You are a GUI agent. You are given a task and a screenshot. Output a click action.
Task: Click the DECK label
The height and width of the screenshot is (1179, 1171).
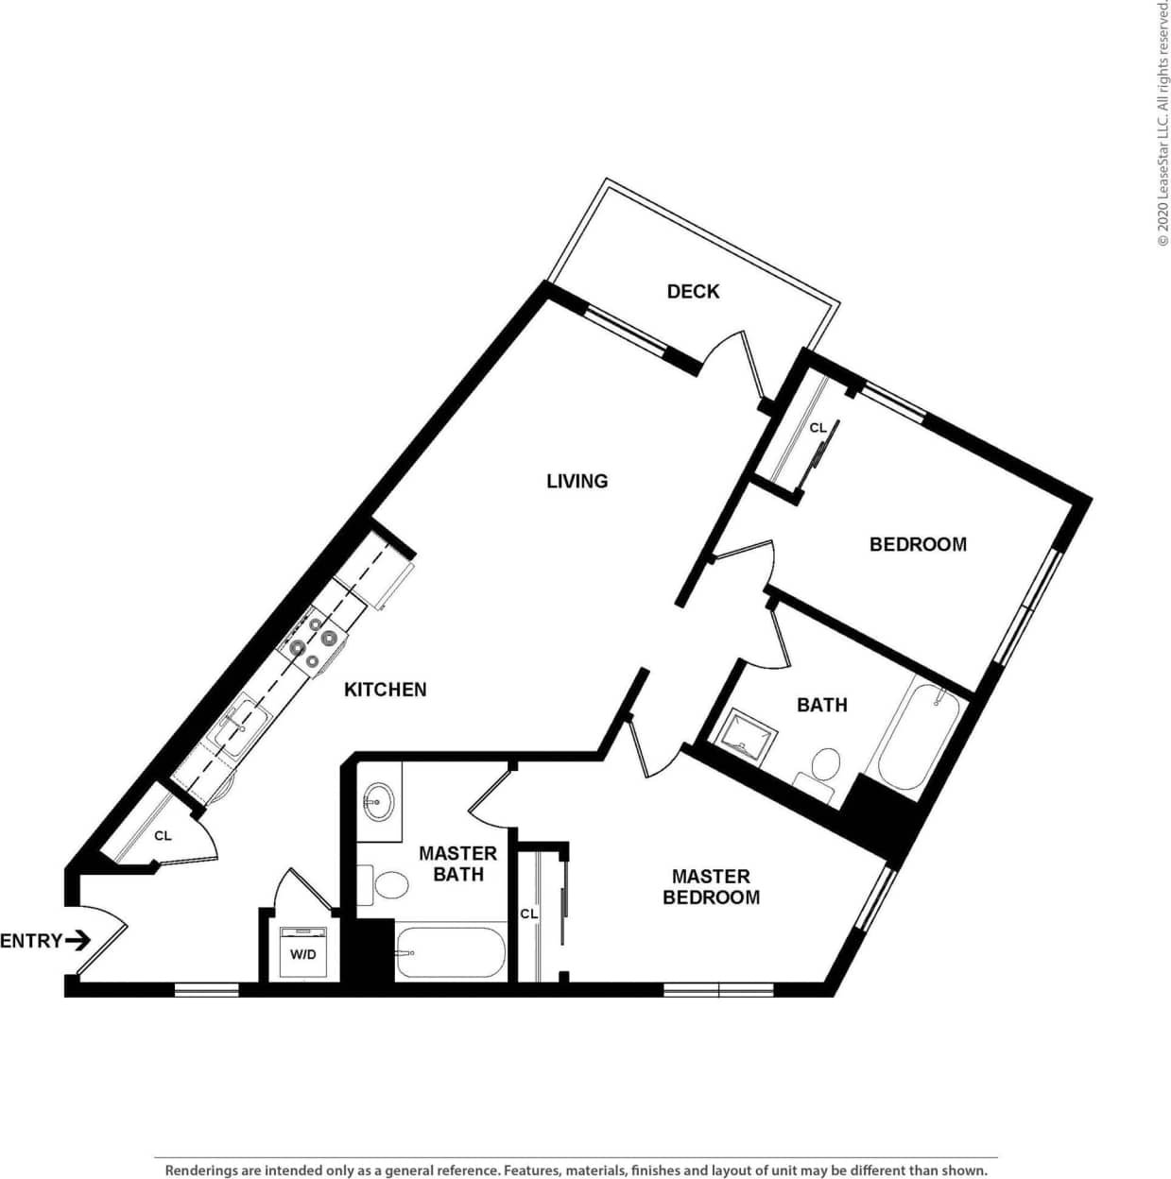click(693, 291)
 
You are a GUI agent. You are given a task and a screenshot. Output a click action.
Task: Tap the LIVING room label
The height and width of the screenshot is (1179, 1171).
click(577, 481)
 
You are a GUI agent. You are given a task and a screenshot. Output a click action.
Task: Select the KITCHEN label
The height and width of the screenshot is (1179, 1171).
click(385, 690)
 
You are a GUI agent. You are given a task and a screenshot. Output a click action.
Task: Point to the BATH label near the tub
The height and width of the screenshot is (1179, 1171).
click(821, 705)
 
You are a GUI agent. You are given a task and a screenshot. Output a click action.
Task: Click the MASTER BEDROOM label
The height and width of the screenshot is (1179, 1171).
click(711, 887)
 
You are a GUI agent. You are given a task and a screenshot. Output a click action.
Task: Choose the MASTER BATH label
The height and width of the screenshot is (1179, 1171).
click(457, 864)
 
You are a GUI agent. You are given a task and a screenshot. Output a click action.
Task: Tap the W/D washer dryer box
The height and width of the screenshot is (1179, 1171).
click(303, 952)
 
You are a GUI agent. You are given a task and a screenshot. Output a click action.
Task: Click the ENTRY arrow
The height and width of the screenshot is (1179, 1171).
click(78, 940)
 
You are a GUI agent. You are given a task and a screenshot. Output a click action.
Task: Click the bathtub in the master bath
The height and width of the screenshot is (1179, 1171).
click(450, 952)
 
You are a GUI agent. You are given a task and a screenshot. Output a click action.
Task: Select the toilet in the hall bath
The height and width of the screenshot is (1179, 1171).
click(823, 766)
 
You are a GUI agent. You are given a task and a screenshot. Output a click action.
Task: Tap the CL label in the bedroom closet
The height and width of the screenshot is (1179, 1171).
click(818, 428)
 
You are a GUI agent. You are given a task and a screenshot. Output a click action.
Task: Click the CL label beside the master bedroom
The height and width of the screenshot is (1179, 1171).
click(528, 914)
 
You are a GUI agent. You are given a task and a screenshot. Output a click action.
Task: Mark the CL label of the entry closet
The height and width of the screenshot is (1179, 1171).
click(163, 836)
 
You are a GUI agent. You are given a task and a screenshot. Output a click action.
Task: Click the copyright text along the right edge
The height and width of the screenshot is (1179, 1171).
click(1162, 123)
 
